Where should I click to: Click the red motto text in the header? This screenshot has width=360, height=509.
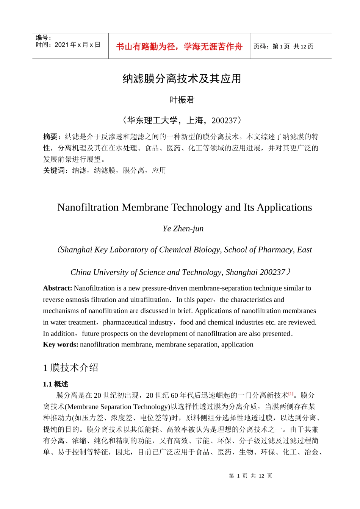(179, 47)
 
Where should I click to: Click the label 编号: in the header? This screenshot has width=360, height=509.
(44, 37)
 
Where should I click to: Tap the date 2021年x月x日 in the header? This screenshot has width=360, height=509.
(77, 45)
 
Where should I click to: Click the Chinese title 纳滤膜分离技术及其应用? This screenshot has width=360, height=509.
(182, 79)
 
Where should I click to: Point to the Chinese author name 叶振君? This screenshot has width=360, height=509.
(182, 100)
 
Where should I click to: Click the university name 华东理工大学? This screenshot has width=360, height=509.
(152, 120)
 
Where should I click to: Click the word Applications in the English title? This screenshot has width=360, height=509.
(284, 208)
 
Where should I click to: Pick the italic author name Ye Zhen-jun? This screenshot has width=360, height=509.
(183, 229)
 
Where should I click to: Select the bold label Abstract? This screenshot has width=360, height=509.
(58, 288)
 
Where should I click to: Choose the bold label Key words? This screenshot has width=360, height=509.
(61, 345)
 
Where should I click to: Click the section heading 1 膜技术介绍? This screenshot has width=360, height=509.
(71, 368)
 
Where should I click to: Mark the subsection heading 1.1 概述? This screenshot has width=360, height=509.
(56, 384)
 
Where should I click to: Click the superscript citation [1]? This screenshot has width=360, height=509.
(291, 394)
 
